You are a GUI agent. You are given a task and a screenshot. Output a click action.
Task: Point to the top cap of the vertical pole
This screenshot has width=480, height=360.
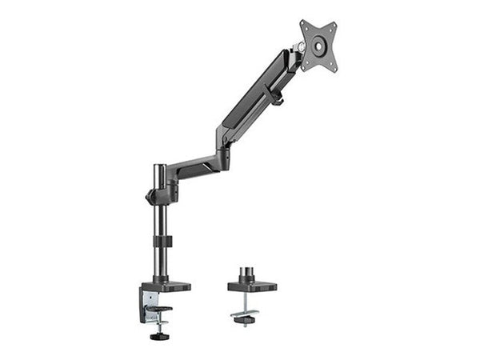click(x=160, y=168)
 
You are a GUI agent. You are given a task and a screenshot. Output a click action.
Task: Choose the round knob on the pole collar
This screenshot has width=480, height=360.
click(x=149, y=197)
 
